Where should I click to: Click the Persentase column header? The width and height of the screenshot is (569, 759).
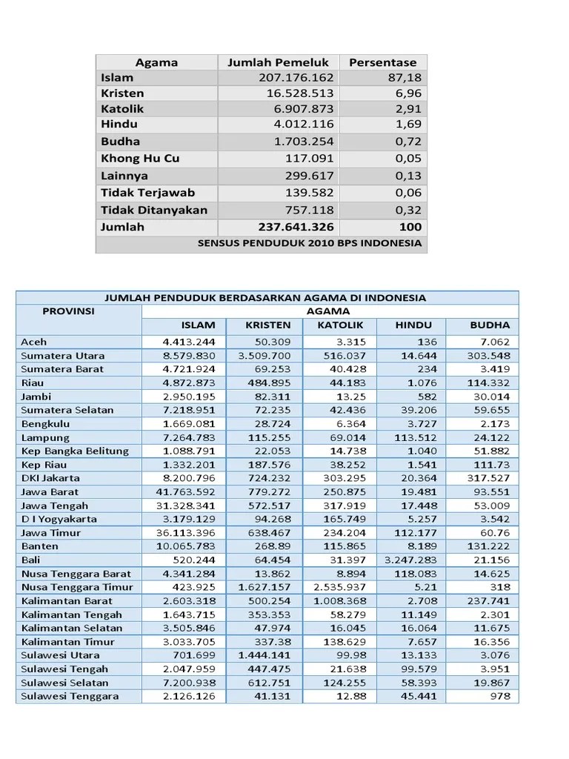pyautogui.click(x=382, y=62)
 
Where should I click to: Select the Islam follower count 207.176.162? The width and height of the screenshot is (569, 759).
pyautogui.click(x=296, y=78)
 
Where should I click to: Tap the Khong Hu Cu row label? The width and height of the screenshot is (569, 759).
pyautogui.click(x=140, y=159)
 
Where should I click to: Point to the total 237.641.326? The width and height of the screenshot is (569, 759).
pyautogui.click(x=296, y=228)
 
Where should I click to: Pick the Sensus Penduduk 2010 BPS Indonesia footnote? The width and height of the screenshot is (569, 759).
pyautogui.click(x=310, y=243)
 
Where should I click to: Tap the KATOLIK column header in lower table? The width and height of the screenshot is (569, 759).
pyautogui.click(x=340, y=325)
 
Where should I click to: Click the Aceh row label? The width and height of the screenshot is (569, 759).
pyautogui.click(x=34, y=342)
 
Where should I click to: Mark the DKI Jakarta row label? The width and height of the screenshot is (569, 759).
pyautogui.click(x=50, y=478)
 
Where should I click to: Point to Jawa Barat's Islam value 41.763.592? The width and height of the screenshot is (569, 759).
pyautogui.click(x=190, y=491)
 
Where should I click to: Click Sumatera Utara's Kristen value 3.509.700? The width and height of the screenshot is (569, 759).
pyautogui.click(x=264, y=355)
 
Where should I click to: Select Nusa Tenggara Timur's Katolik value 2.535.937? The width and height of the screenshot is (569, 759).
pyautogui.click(x=339, y=587)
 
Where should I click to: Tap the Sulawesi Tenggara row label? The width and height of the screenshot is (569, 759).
pyautogui.click(x=70, y=696)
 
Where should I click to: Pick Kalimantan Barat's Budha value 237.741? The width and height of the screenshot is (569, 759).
pyautogui.click(x=489, y=600)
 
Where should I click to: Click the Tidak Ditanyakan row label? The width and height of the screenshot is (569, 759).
pyautogui.click(x=154, y=211)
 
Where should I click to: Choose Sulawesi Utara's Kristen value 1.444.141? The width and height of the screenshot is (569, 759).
pyautogui.click(x=264, y=655)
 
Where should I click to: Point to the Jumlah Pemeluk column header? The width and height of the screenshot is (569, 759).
pyautogui.click(x=278, y=62)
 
